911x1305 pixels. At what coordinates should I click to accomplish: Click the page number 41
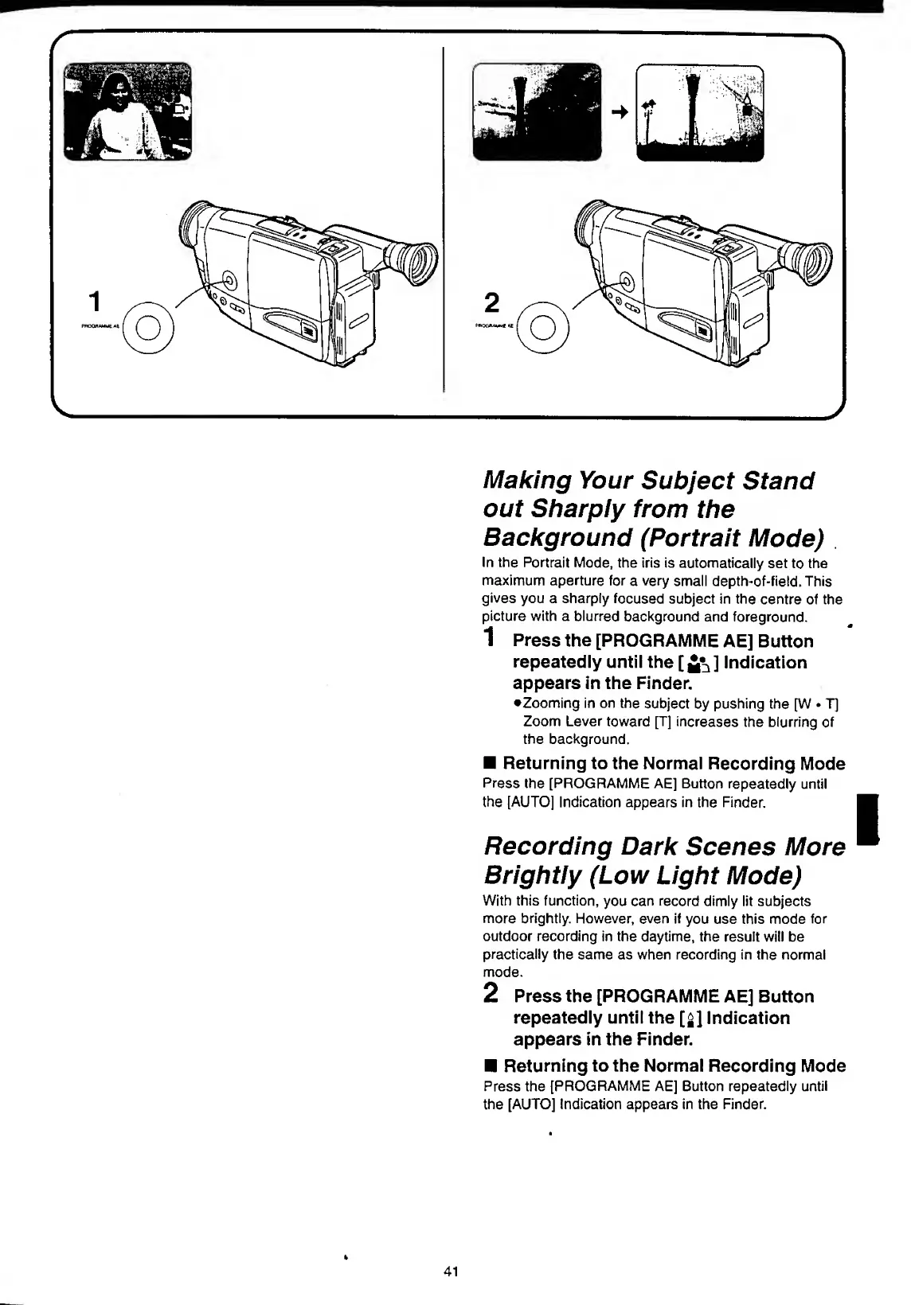pyautogui.click(x=451, y=1271)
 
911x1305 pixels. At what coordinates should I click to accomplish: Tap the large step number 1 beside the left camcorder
pyautogui.click(x=96, y=302)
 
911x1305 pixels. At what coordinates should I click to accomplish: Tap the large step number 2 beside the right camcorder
pyautogui.click(x=493, y=302)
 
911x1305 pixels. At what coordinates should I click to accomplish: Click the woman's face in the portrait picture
pyautogui.click(x=117, y=85)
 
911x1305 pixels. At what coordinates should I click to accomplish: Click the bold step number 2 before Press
pyautogui.click(x=492, y=993)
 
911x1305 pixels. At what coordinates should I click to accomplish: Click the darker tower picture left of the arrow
pyautogui.click(x=537, y=111)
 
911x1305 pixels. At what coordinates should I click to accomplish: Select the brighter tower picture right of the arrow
pyautogui.click(x=699, y=112)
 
